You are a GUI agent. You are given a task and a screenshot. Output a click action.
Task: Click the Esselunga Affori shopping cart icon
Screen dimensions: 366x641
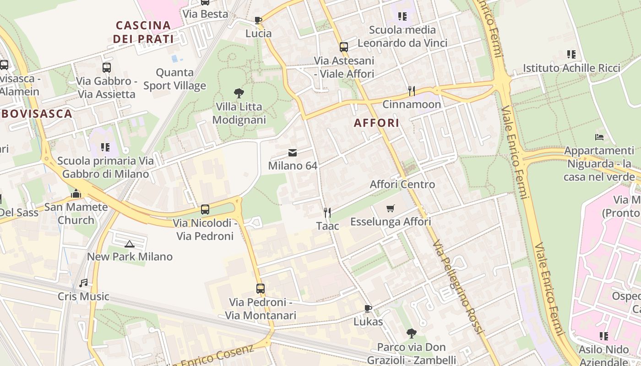click(390, 209)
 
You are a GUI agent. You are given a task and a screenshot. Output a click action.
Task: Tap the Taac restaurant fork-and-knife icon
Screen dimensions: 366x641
click(327, 213)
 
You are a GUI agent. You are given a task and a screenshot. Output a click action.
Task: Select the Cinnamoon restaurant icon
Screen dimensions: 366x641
click(412, 91)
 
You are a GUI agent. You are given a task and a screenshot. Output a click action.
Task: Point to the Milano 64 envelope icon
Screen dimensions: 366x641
click(292, 153)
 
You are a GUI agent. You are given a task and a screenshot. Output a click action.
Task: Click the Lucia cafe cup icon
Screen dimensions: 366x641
click(258, 20)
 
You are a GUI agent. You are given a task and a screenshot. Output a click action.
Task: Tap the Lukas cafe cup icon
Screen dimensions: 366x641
click(368, 308)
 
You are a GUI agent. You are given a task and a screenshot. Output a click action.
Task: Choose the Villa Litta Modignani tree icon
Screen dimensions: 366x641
click(239, 93)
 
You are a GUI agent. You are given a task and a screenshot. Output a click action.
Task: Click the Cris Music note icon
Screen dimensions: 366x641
click(83, 283)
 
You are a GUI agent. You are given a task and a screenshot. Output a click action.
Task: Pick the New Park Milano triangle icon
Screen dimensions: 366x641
click(130, 244)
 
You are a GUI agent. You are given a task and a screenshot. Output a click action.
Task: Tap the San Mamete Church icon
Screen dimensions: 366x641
click(76, 194)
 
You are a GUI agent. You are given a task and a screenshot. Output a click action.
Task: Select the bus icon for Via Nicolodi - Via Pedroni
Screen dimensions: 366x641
click(205, 210)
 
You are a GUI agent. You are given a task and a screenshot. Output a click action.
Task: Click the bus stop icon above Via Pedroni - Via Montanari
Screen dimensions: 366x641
click(261, 289)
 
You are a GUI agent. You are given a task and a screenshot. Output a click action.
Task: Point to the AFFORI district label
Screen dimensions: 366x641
click(376, 123)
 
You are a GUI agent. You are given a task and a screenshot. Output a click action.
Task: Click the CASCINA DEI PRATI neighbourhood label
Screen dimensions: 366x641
click(143, 32)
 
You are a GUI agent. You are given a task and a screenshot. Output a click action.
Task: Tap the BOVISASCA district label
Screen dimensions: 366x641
click(37, 114)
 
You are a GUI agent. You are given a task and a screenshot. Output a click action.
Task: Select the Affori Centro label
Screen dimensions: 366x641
click(402, 184)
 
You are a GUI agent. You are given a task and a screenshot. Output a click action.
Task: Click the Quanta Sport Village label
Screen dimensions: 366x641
click(174, 79)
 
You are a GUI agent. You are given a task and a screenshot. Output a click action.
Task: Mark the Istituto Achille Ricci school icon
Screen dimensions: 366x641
click(571, 54)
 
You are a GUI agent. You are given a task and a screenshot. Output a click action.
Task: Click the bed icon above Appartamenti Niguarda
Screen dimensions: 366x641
click(599, 137)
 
